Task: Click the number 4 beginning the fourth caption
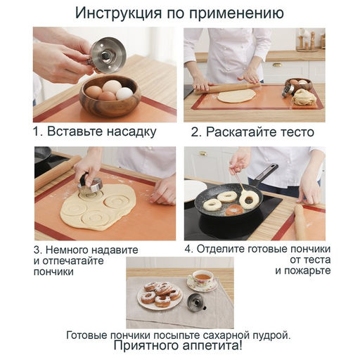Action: point(188,249)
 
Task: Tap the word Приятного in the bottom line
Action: point(147,346)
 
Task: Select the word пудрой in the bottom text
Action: point(268,334)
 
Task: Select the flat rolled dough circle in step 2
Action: point(236,96)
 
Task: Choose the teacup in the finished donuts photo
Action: point(203,279)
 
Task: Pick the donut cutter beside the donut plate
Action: point(194,303)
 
